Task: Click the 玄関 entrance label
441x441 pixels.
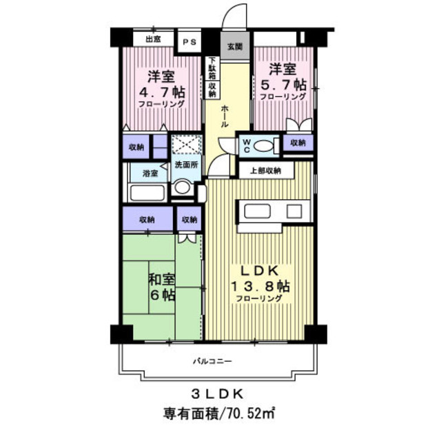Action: (235, 46)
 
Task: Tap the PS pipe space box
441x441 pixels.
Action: (190, 42)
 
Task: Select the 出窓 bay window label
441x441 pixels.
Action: (153, 39)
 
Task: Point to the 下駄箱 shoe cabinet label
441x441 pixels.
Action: (212, 68)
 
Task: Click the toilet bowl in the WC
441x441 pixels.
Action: (263, 146)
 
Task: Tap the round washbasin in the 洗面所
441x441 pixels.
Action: (182, 187)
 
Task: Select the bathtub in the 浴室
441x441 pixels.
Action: (147, 193)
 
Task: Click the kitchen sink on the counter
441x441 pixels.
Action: (257, 212)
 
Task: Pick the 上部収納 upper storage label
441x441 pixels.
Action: (265, 171)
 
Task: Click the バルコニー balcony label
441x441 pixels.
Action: (212, 361)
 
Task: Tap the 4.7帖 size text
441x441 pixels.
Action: (163, 92)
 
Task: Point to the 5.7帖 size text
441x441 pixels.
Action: (283, 84)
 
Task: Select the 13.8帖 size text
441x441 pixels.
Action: (260, 287)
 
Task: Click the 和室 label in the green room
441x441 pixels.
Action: (162, 279)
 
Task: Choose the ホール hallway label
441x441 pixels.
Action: (225, 116)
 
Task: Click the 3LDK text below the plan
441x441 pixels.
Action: (218, 395)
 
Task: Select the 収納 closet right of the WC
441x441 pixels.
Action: (298, 143)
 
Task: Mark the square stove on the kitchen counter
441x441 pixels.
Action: (294, 212)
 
